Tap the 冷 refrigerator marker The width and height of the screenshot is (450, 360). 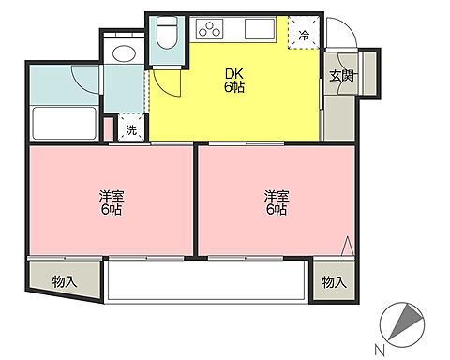click(x=303, y=35)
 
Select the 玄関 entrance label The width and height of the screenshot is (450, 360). click(x=340, y=77)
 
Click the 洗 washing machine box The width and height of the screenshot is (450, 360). click(x=130, y=130)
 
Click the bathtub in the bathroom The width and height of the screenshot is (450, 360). click(x=64, y=124)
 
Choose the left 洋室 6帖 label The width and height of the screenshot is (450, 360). click(x=112, y=202)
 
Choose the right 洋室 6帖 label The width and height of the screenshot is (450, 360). click(x=275, y=202)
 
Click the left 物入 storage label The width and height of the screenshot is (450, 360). click(x=64, y=281)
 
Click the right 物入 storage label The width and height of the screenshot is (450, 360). click(x=334, y=281)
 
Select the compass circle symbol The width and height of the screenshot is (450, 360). click(x=404, y=323)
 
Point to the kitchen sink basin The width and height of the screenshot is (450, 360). click(x=259, y=32)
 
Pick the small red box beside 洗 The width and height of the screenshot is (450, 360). click(x=110, y=128)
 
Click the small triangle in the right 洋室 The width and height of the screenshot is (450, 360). click(x=347, y=247)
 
